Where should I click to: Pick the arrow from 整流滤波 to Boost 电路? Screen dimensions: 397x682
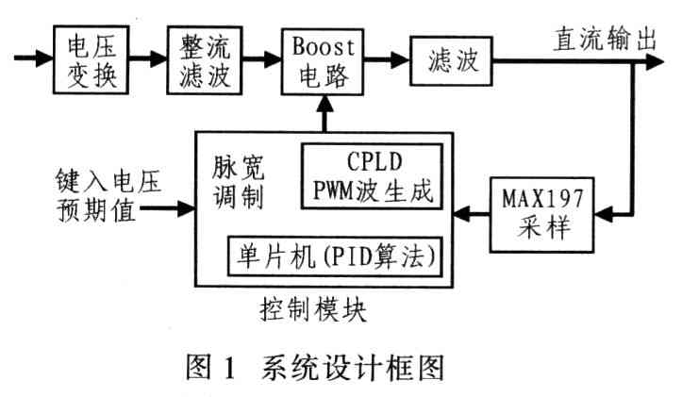click(258, 58)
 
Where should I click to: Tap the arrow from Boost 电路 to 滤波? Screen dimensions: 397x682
click(384, 58)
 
